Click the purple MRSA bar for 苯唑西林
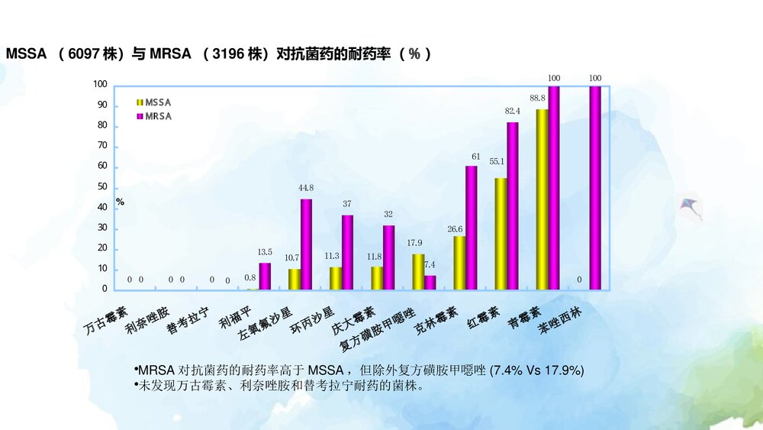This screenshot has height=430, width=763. point(595,187)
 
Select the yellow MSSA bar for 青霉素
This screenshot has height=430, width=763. point(542,199)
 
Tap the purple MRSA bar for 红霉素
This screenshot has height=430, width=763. point(513,205)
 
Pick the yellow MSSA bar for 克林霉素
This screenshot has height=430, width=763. point(459,263)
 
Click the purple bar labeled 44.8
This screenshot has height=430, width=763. point(306,244)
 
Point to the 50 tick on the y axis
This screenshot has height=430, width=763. point(101,188)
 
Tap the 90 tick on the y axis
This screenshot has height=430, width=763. point(101,105)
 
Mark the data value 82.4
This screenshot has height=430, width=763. point(513,112)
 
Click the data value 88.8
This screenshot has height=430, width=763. point(537,99)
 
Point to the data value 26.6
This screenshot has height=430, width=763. point(456,228)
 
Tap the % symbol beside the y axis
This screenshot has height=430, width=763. point(120,202)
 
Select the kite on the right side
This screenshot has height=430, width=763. point(691,207)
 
